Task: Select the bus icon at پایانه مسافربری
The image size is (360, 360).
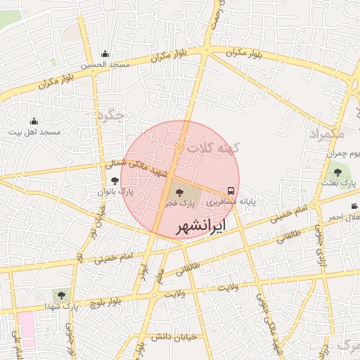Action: [231, 191]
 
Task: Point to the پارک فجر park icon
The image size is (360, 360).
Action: [177, 191]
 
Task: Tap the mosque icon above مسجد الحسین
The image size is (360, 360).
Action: [105, 54]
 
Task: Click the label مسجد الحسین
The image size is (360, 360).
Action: [105, 65]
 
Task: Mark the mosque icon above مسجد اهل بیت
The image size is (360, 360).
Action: [34, 122]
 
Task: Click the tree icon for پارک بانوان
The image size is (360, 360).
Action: [115, 181]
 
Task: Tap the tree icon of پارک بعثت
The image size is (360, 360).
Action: [337, 172]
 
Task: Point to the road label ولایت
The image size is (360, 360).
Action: [225, 288]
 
